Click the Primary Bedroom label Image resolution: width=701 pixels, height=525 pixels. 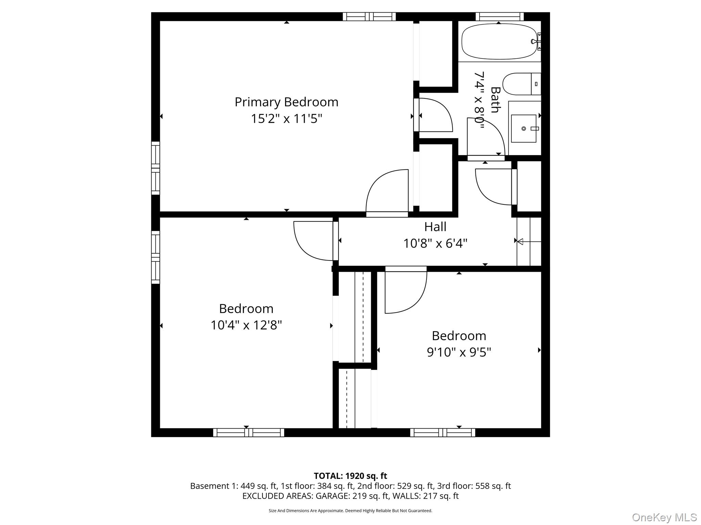(x=286, y=102)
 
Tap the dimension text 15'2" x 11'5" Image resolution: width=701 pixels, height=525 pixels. (x=286, y=119)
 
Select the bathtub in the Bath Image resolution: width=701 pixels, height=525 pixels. (x=499, y=41)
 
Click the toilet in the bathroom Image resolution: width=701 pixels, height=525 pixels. (x=521, y=84)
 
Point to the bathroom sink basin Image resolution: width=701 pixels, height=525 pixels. (x=523, y=129)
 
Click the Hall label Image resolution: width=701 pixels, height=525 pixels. (x=435, y=227)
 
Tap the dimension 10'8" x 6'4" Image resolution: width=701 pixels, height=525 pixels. (x=435, y=243)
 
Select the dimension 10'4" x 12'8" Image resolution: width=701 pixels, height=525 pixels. (x=246, y=325)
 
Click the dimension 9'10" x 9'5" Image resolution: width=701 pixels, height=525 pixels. (x=459, y=352)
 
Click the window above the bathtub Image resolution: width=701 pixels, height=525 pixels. (x=499, y=16)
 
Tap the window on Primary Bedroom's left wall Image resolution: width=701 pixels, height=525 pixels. (x=155, y=168)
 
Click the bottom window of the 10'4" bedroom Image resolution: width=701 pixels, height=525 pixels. (x=248, y=432)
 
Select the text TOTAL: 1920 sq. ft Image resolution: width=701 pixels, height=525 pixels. (x=350, y=475)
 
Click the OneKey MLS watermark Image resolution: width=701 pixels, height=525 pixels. (x=664, y=517)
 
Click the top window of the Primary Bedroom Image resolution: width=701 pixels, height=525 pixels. (x=369, y=16)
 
